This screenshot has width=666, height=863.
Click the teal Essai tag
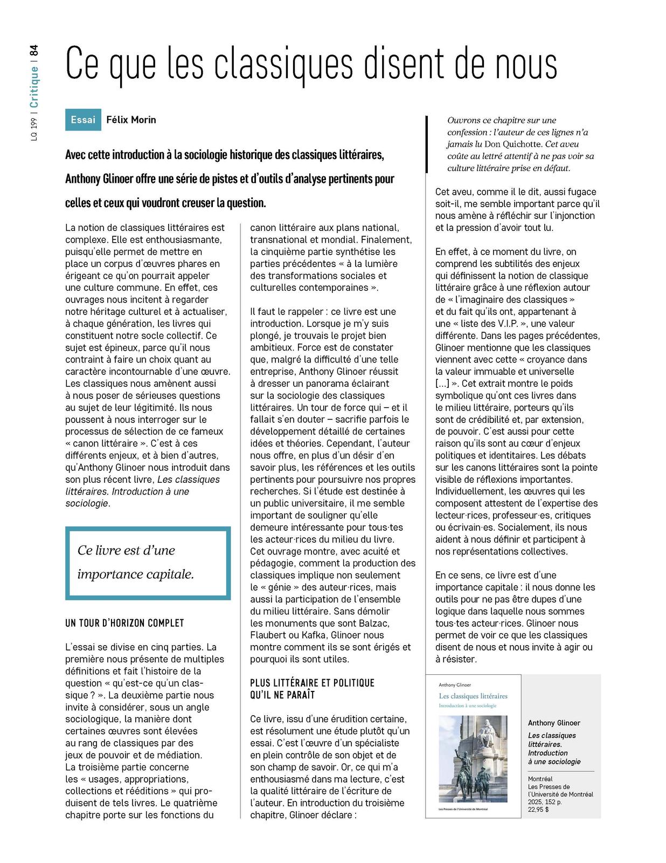click(x=83, y=120)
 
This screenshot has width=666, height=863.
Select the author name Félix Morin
click(x=131, y=120)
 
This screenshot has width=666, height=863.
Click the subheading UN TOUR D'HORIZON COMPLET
click(x=124, y=623)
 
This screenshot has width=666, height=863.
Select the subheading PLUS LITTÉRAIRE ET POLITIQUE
click(x=312, y=683)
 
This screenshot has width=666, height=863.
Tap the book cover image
click(x=473, y=746)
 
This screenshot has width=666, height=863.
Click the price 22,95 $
click(x=539, y=810)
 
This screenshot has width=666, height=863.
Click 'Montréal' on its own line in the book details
click(x=540, y=779)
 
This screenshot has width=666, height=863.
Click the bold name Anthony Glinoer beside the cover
click(x=554, y=723)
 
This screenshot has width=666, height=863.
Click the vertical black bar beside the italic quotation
click(x=427, y=144)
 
